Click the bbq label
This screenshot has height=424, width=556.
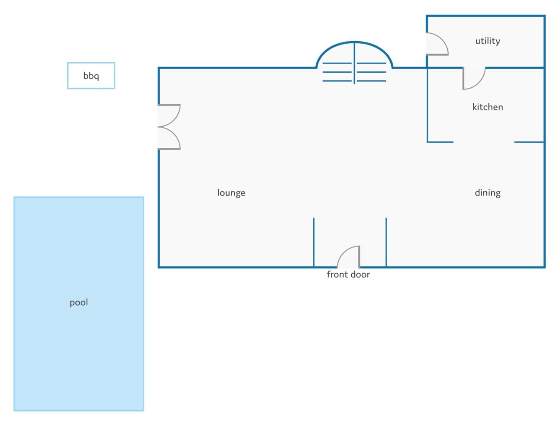(x=91, y=76)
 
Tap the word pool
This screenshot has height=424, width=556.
(x=79, y=303)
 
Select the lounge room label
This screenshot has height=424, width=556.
(x=231, y=193)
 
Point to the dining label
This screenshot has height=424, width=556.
(x=488, y=193)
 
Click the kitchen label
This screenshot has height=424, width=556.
(x=488, y=107)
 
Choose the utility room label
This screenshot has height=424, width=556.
(x=488, y=41)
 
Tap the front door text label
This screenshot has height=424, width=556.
(x=348, y=274)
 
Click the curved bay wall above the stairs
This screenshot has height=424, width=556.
(x=354, y=42)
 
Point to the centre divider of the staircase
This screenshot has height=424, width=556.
(x=354, y=63)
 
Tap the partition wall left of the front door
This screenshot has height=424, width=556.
(x=314, y=242)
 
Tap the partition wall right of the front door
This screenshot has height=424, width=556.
(x=386, y=242)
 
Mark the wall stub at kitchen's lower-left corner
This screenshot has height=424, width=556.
(x=440, y=142)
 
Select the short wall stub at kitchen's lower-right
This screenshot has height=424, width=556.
(x=529, y=142)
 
